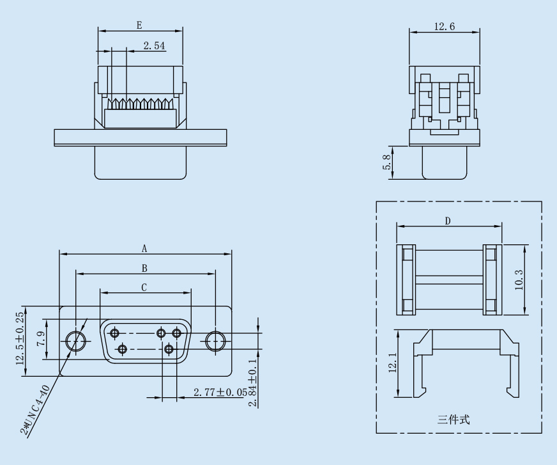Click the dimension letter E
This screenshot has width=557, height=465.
click(x=139, y=25)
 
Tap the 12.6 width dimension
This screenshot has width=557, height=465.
click(x=445, y=26)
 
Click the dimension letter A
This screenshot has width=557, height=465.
click(x=144, y=248)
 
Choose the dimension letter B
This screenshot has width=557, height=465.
click(x=144, y=268)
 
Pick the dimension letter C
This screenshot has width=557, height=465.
click(x=144, y=288)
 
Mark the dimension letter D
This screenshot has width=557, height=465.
click(x=448, y=221)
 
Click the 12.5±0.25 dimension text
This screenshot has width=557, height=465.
click(x=20, y=340)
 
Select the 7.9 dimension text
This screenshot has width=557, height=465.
click(x=40, y=340)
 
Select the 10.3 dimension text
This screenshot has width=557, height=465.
click(x=519, y=280)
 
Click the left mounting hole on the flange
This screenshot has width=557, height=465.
click(x=77, y=340)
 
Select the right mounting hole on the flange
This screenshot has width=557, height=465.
click(x=215, y=340)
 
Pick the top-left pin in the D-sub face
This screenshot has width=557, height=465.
click(x=115, y=333)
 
